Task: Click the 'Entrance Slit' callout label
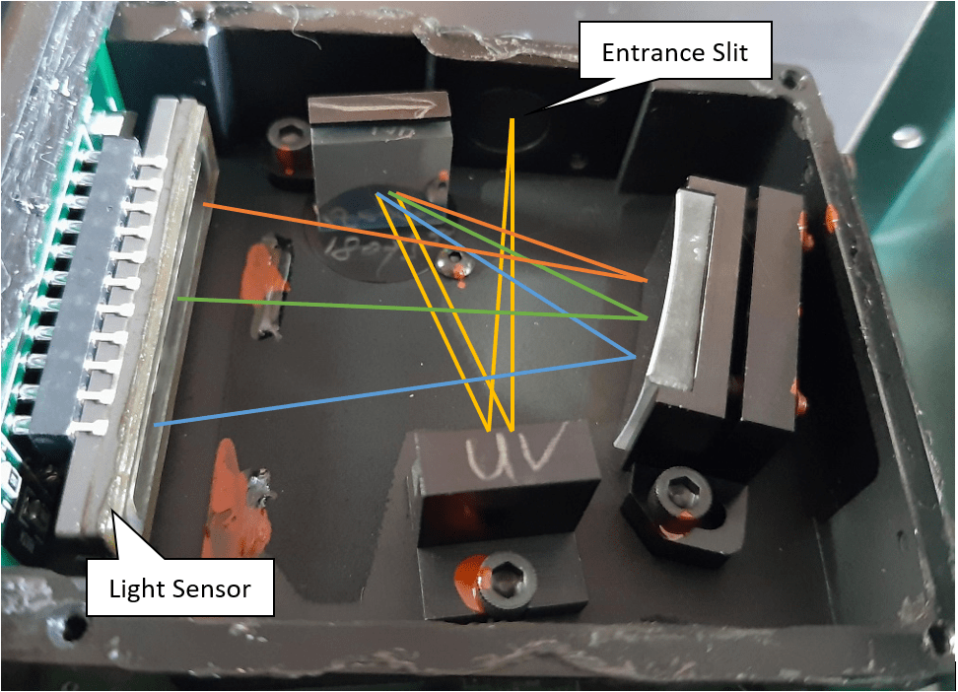tap(674, 52)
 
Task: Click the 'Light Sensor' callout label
tap(179, 589)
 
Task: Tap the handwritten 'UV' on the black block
tap(504, 454)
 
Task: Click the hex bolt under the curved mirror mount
tap(680, 491)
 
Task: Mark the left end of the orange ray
tap(204, 204)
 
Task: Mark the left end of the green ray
tap(178, 298)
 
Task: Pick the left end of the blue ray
tap(156, 425)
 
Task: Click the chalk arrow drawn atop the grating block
tap(379, 104)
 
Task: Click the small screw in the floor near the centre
tap(452, 260)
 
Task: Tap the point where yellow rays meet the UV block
tap(500, 429)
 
